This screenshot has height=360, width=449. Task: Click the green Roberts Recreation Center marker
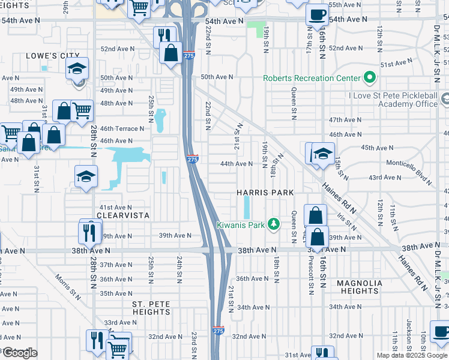click(x=370, y=77)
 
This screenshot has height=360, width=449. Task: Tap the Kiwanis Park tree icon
click(x=274, y=224)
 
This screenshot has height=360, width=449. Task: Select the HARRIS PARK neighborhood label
click(x=265, y=193)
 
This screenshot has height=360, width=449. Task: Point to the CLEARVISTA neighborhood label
click(x=124, y=215)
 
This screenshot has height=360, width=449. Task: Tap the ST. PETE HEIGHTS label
click(x=151, y=312)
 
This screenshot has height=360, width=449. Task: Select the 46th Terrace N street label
click(x=122, y=128)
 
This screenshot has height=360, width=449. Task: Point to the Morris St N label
click(x=67, y=286)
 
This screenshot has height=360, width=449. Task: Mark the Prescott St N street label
click(x=311, y=279)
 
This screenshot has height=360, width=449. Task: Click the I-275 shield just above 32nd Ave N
click(x=218, y=331)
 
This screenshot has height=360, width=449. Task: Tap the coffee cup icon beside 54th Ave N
click(x=317, y=14)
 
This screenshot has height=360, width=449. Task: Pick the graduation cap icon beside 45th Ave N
click(x=323, y=154)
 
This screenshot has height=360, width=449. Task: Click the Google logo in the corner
click(x=19, y=353)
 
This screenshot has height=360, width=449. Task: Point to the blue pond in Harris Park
click(x=247, y=208)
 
